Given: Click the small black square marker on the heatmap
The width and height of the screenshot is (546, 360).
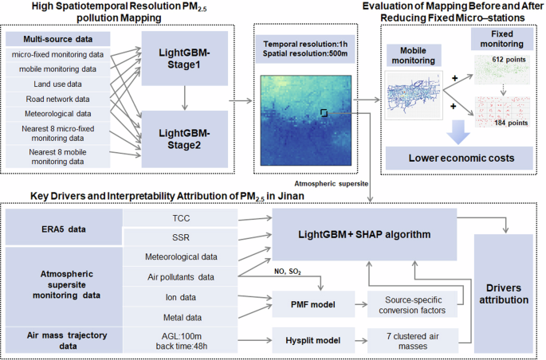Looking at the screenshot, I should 324,113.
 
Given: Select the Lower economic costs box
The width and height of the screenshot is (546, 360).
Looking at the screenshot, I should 461,158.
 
